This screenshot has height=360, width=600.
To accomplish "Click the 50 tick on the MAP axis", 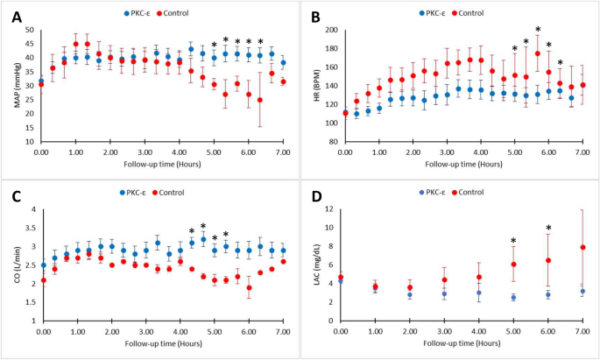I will (x=29, y=30).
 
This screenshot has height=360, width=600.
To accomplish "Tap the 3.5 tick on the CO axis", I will (x=29, y=231).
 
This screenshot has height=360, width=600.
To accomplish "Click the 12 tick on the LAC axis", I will (x=328, y=209).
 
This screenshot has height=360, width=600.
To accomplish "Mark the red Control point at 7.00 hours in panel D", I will (x=582, y=247).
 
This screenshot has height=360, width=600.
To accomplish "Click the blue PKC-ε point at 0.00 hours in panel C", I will (x=42, y=265).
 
